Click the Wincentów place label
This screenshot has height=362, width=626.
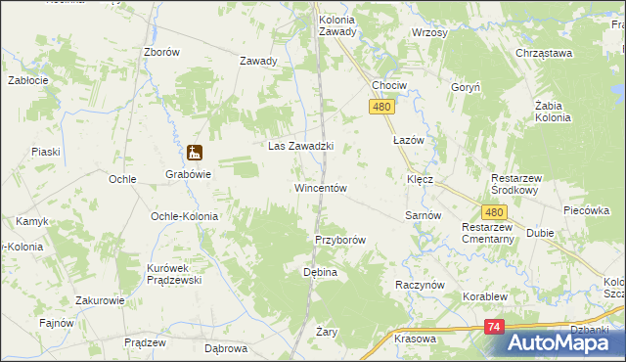point(321,187)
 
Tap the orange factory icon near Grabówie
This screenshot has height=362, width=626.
point(195,153)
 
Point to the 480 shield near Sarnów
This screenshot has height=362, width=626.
point(494,211)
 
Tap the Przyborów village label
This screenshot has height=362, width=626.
point(340,240)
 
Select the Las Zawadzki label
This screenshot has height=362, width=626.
point(301,147)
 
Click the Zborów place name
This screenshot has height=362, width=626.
point(161,53)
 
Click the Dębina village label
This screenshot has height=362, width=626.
point(320,271)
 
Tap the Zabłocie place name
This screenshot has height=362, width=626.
point(29,80)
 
